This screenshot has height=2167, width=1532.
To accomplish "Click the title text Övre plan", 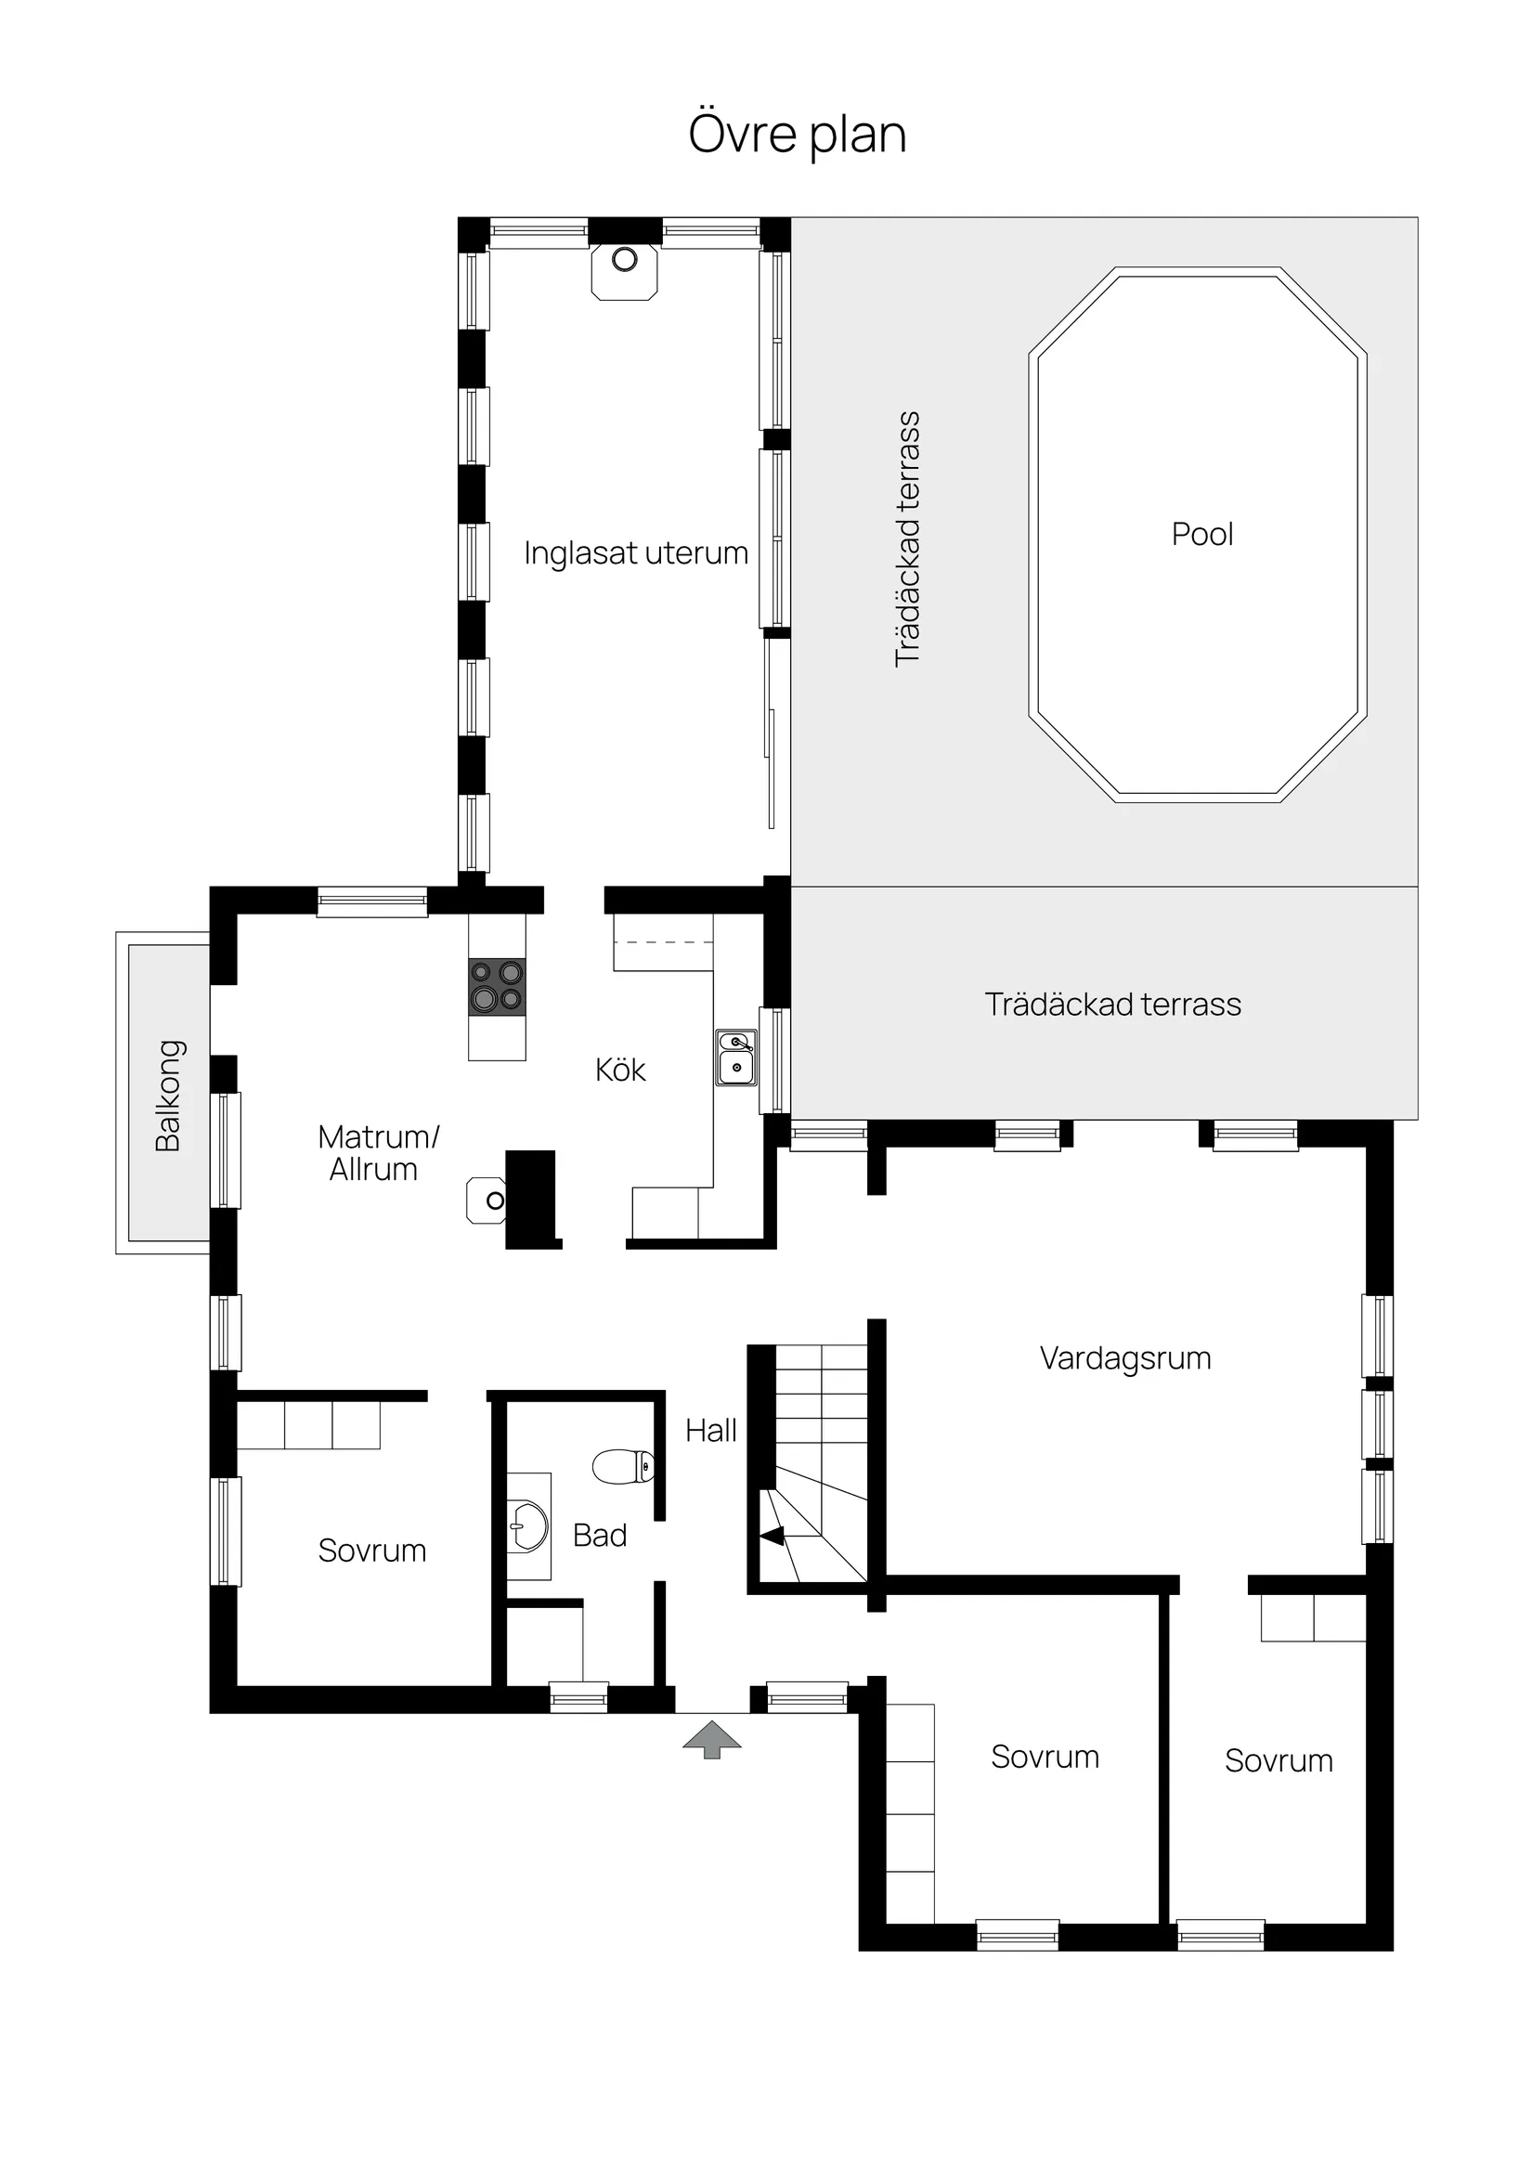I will click(x=797, y=134).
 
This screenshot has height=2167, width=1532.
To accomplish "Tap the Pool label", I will click(x=1201, y=534).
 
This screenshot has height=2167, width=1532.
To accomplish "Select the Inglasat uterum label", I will click(x=635, y=553).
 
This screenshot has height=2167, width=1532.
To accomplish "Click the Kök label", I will click(x=620, y=1070).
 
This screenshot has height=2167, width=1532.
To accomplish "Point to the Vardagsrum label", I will click(x=1125, y=1358).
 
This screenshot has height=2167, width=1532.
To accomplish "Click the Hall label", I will click(x=711, y=1431).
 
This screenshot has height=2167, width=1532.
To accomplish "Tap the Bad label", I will click(x=600, y=1536).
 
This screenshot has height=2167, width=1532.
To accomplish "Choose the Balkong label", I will click(x=168, y=1096).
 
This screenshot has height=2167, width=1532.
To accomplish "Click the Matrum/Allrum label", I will click(x=377, y=1152).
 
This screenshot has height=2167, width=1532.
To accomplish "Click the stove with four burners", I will click(x=497, y=986).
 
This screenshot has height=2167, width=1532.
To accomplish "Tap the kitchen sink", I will click(x=735, y=1058).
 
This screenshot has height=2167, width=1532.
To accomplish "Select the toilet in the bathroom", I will click(x=624, y=1466).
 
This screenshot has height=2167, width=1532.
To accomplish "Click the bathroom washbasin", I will click(x=529, y=1526).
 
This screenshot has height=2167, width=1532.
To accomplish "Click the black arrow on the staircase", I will click(x=773, y=1536).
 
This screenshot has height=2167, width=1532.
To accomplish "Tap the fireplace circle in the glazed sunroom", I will click(x=624, y=260).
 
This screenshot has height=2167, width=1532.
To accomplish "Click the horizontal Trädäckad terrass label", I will click(x=1112, y=1005).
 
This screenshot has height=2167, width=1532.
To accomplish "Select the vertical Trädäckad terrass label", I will click(x=907, y=539).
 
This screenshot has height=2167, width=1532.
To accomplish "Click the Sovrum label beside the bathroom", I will click(x=372, y=1551).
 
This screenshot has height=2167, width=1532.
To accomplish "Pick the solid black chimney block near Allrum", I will click(x=531, y=1199).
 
